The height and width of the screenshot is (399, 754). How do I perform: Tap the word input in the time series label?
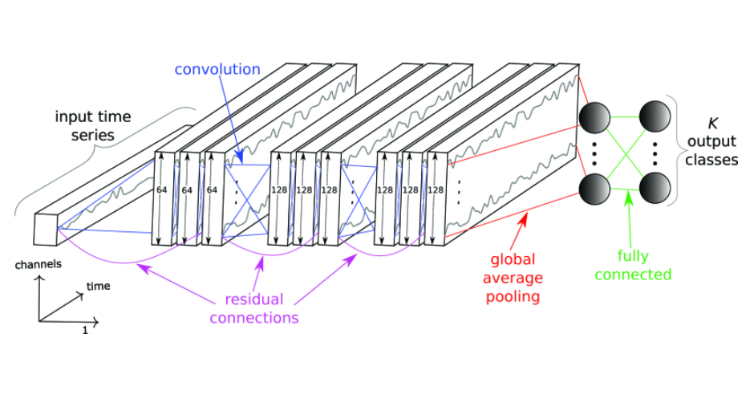tap(71, 117)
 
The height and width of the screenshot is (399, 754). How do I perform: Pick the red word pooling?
tap(513, 297)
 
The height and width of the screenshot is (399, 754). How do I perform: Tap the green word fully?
tap(633, 257)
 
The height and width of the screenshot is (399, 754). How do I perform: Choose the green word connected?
tap(633, 275)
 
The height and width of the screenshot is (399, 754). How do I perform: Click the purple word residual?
tap(253, 299)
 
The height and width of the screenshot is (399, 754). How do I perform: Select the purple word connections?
tap(253, 317)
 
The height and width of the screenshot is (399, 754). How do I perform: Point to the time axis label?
tap(99, 286)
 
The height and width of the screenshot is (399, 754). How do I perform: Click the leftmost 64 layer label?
tap(164, 190)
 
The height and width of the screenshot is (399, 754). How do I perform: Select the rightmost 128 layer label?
tap(436, 190)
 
